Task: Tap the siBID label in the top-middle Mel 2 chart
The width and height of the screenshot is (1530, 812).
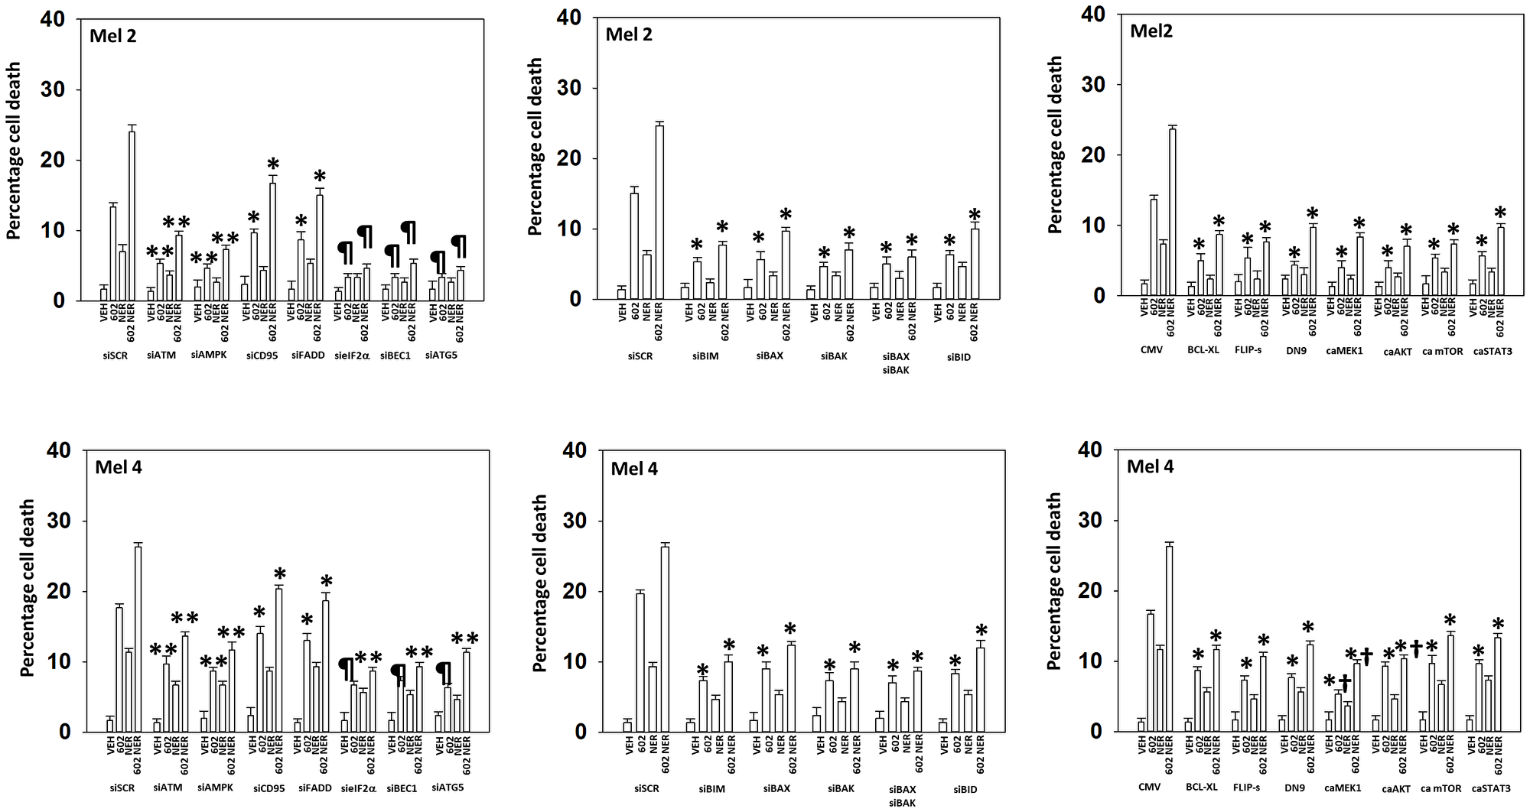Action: pos(958,356)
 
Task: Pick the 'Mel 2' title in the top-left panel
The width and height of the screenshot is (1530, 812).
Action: pos(113,35)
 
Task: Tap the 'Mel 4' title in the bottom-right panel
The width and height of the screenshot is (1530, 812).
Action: pos(1151,466)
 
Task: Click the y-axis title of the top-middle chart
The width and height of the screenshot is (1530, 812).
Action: pos(535,147)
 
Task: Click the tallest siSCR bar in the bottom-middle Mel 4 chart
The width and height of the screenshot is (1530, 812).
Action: pos(665,638)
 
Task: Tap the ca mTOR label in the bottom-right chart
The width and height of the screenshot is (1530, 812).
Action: pos(1441,788)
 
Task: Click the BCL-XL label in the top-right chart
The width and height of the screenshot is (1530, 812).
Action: pos(1203,351)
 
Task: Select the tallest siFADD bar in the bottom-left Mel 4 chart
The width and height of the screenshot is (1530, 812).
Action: pos(326,665)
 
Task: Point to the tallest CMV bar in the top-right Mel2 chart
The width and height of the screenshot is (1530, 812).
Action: pos(1172,212)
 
